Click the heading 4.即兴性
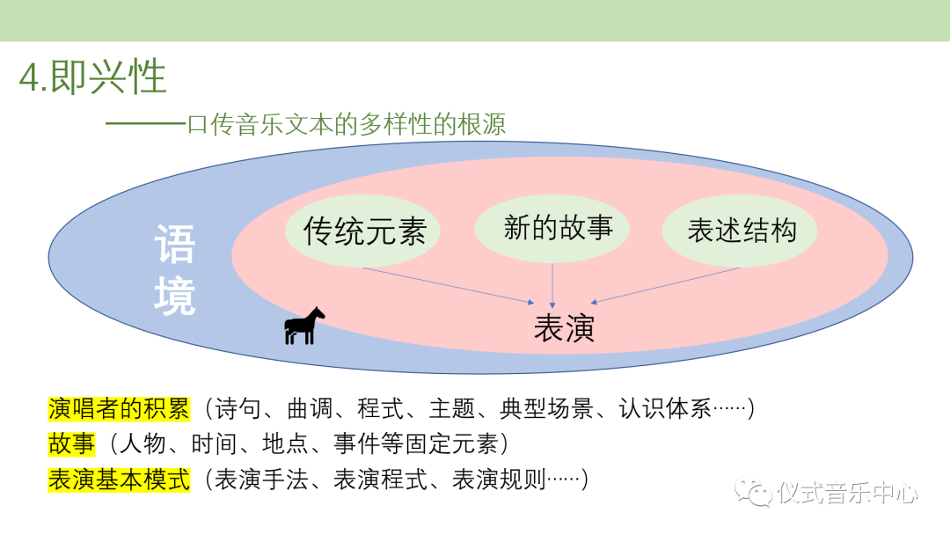[92, 77]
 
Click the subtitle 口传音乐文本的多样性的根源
[346, 124]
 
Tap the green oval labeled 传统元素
[363, 231]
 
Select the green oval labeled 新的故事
[552, 229]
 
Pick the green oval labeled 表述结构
[740, 231]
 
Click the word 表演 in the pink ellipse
[564, 328]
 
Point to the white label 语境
[174, 269]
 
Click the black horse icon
[304, 326]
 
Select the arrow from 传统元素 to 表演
[449, 285]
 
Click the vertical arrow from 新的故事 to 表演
[552, 285]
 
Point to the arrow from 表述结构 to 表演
[665, 285]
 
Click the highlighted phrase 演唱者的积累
[119, 409]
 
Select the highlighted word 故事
[71, 444]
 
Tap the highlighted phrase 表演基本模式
[119, 480]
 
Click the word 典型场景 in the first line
[546, 409]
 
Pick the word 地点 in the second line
[285, 444]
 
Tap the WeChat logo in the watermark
[752, 492]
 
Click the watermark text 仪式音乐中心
[848, 493]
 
